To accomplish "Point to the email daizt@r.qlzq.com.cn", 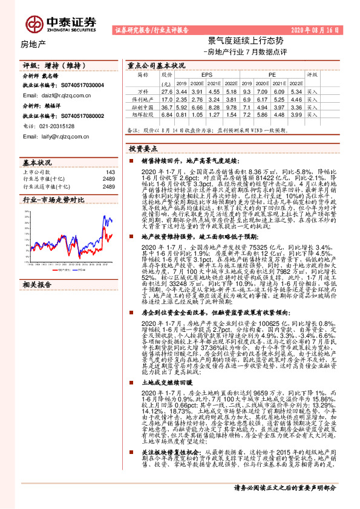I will tap(62, 96).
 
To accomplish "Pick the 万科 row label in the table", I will tap(143, 90).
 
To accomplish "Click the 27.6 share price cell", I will tap(167, 90).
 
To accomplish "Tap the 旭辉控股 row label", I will tap(143, 115).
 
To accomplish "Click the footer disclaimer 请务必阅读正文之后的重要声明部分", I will tap(285, 487).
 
